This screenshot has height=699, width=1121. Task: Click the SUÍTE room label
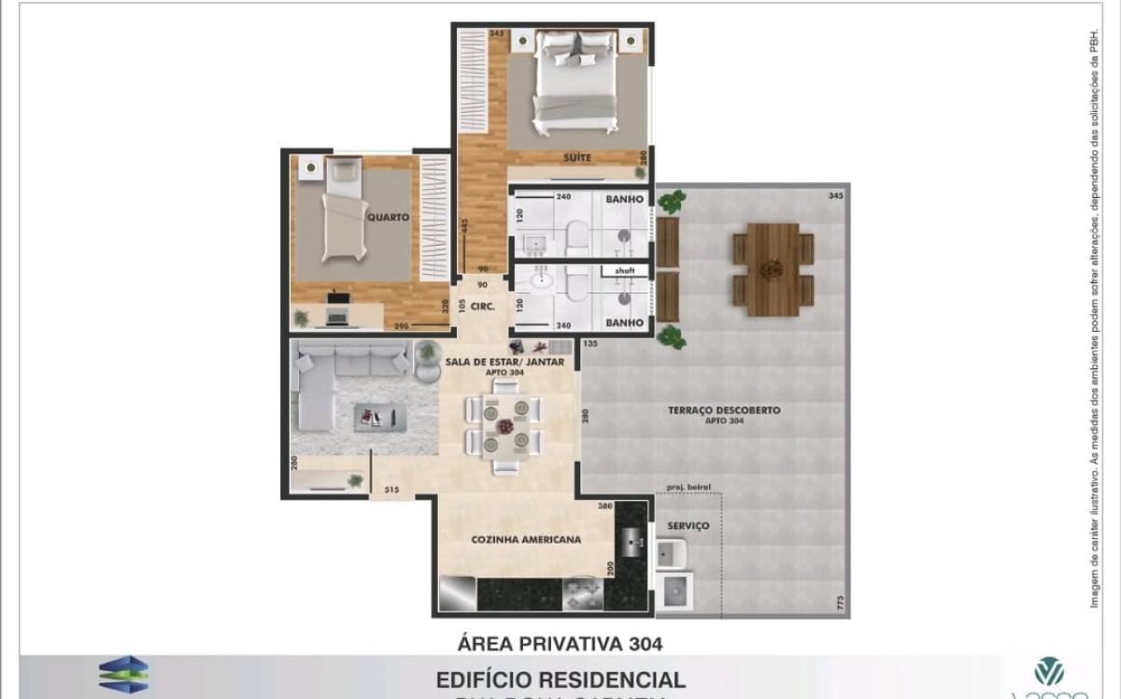[576, 158]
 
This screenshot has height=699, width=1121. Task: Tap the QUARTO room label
[388, 217]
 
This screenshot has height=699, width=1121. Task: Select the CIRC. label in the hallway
[482, 305]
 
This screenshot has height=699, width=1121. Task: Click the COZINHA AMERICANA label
[526, 539]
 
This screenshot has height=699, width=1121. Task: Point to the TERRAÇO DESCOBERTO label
[724, 410]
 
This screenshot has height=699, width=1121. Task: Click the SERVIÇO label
[688, 526]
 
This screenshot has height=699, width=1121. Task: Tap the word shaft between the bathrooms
[624, 271]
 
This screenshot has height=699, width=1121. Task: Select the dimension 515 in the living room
[391, 489]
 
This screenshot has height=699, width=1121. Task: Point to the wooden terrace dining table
[773, 269]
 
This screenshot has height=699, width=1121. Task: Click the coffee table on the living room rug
[380, 417]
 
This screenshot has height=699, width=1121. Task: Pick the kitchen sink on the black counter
[632, 541]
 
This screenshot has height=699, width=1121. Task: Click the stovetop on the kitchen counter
[582, 593]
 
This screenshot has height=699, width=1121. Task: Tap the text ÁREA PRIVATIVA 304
[560, 643]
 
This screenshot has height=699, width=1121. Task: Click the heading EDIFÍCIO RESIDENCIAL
[560, 679]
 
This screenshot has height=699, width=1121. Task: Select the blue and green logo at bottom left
[123, 674]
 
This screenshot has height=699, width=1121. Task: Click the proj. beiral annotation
[688, 486]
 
